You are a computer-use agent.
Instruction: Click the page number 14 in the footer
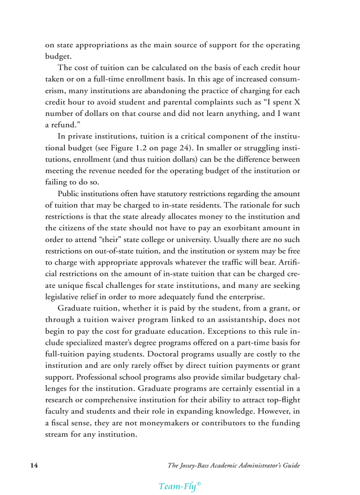click(x=33, y=465)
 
